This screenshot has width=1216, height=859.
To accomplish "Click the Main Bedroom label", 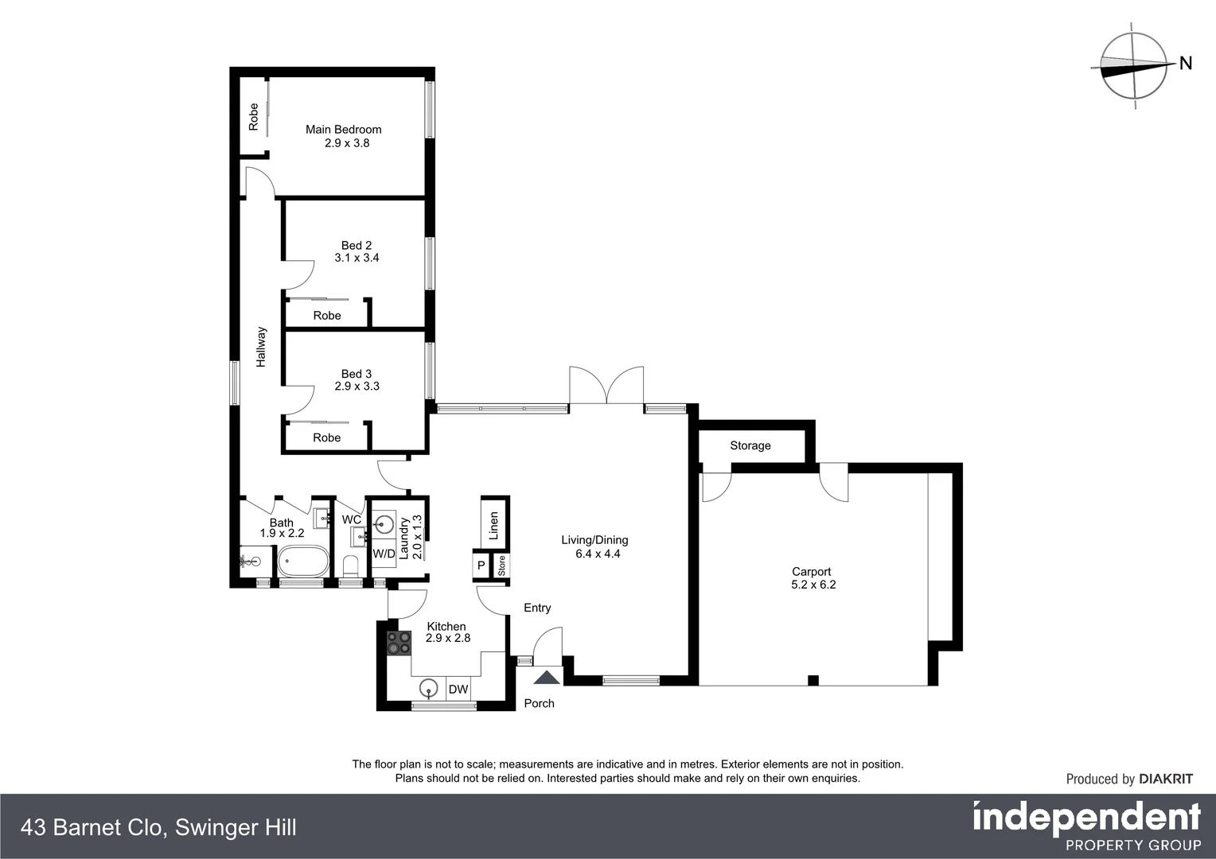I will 343,130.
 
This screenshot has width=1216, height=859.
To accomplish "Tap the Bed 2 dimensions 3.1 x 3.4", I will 357,258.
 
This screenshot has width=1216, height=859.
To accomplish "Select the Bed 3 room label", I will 356,374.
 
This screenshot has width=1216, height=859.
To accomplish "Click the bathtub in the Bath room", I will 302,562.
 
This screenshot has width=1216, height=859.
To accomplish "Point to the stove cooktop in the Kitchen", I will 399,643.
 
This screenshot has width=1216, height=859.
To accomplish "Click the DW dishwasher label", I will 458,690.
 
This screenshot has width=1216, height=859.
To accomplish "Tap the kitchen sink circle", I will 429,688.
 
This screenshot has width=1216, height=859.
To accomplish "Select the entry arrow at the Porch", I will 546,678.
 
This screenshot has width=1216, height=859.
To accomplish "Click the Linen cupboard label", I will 493,526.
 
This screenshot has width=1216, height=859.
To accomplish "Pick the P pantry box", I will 481,566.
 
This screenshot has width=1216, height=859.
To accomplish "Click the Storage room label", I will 750,445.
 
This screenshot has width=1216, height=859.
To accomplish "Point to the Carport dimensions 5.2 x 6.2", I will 813,585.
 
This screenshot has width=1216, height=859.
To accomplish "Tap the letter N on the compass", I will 1185,64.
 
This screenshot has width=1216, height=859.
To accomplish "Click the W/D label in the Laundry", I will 384,554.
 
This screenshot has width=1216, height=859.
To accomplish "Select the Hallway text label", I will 261,347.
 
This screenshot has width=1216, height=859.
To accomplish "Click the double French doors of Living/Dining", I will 606,386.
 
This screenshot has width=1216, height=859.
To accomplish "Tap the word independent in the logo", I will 1086,817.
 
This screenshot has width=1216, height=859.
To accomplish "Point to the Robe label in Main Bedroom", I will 254,117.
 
